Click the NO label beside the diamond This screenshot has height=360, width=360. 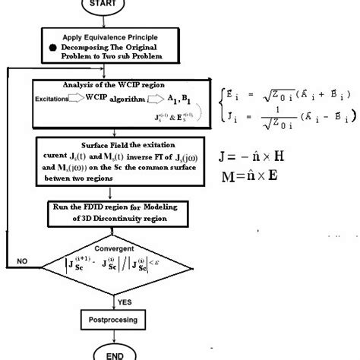23,261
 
